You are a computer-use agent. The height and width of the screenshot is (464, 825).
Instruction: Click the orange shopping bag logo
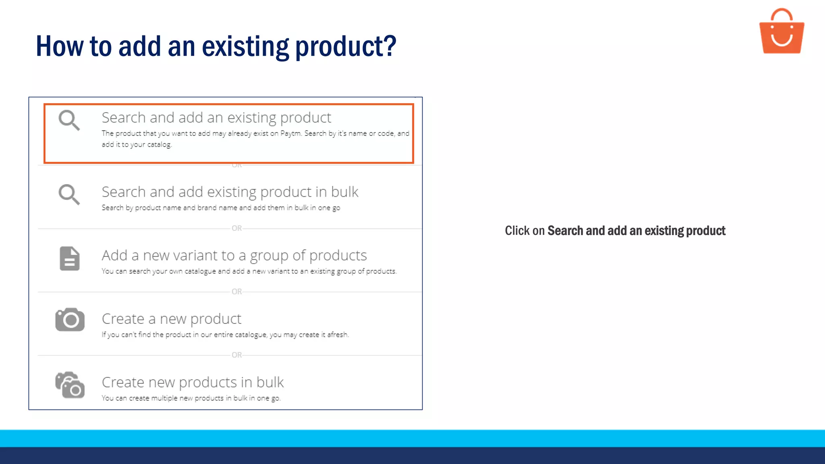781,32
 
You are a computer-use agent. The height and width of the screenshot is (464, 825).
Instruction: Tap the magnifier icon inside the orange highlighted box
69,120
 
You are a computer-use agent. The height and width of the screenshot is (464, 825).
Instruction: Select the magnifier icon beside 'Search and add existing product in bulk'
69,195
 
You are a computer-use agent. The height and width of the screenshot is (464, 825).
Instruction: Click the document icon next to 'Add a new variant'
70,258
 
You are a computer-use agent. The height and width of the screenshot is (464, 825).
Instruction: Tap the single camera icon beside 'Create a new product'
70,320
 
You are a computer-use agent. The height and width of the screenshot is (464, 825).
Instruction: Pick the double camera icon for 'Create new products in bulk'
70,385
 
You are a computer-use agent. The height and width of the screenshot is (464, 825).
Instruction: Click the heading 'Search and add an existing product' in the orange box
216,118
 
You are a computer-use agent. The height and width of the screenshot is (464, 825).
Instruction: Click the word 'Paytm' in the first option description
290,133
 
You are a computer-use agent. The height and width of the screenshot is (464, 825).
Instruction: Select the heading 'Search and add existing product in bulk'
230,192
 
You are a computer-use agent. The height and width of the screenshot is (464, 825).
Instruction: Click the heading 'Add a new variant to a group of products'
234,255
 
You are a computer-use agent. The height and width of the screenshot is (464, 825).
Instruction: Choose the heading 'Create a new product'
171,319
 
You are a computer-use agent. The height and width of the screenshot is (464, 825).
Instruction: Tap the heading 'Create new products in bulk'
193,382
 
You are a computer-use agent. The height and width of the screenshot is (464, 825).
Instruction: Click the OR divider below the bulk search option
237,228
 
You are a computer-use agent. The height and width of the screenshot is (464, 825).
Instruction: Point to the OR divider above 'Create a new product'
237,292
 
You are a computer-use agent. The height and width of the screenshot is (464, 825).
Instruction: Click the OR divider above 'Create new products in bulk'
237,355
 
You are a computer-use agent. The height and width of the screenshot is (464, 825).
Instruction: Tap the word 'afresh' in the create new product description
337,335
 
